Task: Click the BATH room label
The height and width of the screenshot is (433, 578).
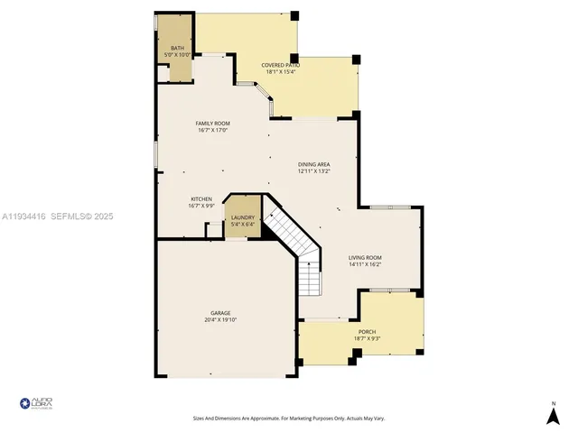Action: tap(176, 48)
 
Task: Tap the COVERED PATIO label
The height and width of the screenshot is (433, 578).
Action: tap(280, 66)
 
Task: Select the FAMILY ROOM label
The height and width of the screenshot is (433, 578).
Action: tap(213, 123)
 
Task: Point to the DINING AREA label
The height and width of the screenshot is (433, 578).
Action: tap(314, 164)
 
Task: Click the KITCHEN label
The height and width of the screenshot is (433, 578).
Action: tap(200, 198)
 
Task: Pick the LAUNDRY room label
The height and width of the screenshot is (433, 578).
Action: tap(243, 217)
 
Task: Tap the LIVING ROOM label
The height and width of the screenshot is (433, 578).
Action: tap(365, 258)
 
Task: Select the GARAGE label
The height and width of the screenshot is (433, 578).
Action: tap(220, 313)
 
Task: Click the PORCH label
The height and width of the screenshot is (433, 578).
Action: tap(367, 332)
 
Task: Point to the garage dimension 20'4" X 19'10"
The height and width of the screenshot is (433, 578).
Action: tap(220, 319)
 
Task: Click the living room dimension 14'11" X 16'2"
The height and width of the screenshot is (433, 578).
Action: tap(365, 264)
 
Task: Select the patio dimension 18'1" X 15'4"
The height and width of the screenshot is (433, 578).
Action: tap(280, 72)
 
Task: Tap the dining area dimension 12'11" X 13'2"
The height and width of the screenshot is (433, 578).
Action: tap(314, 170)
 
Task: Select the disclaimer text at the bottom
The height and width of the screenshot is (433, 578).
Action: tap(288, 418)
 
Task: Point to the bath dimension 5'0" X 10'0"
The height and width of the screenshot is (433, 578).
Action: tap(176, 54)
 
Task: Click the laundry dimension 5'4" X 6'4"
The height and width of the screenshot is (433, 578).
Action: tap(243, 224)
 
